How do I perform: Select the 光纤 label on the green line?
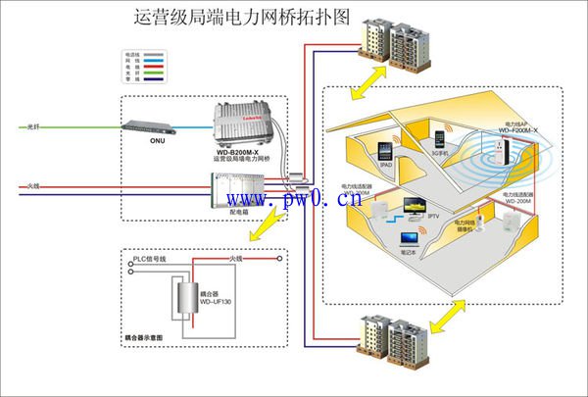click(34, 126)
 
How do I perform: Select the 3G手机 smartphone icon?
click(439, 139)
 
